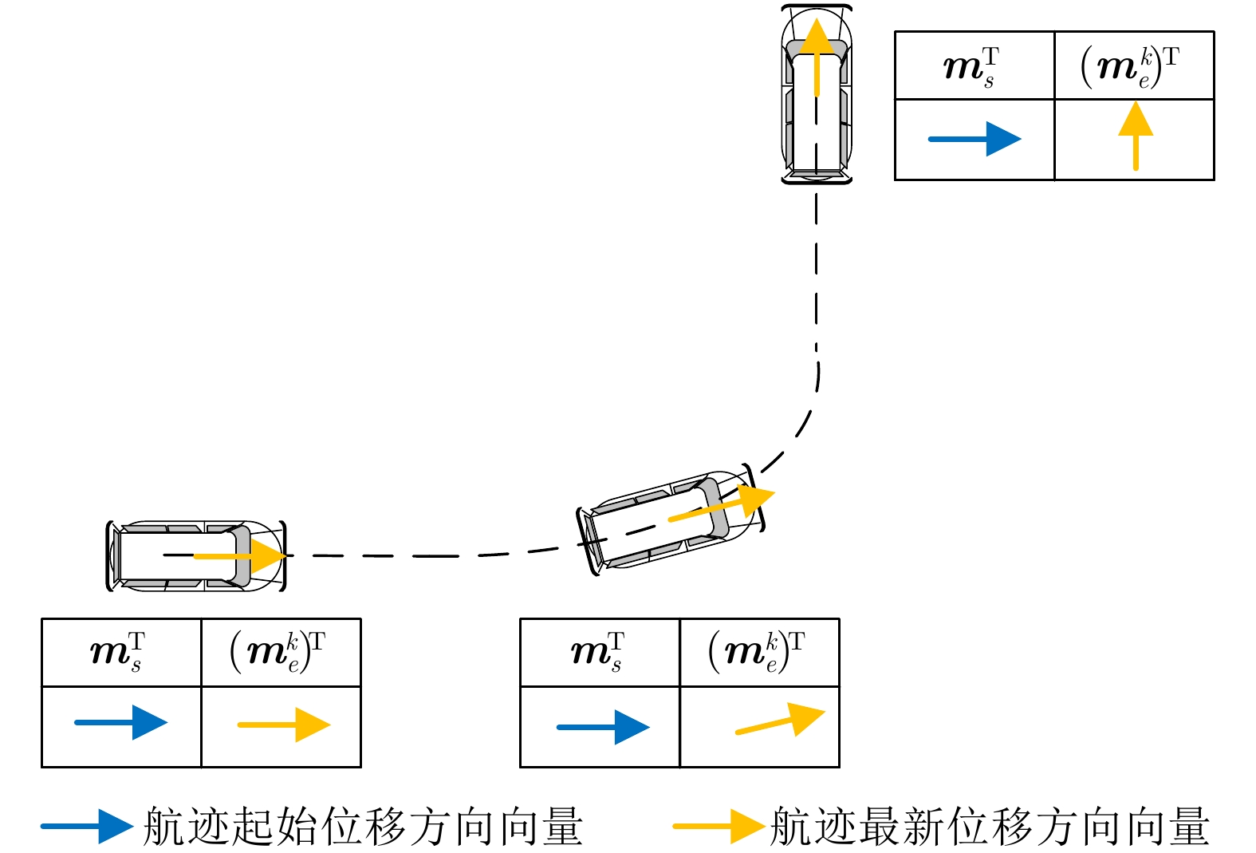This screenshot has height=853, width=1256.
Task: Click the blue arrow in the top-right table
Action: [974, 139]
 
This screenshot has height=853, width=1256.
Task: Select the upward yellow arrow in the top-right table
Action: [1136, 136]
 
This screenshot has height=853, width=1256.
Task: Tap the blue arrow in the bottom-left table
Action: [120, 722]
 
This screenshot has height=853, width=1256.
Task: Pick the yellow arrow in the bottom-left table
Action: [284, 725]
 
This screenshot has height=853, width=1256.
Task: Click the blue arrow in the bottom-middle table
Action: [603, 727]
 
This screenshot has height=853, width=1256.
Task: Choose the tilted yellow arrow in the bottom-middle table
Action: [780, 720]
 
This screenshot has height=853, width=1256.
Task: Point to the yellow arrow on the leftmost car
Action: [241, 555]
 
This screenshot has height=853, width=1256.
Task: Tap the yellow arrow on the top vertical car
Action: [817, 57]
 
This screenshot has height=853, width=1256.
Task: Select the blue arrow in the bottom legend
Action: [87, 826]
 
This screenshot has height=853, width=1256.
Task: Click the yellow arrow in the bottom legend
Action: [719, 826]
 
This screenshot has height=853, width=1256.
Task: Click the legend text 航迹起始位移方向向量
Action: [364, 826]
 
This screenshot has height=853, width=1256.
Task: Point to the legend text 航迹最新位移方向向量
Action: [990, 826]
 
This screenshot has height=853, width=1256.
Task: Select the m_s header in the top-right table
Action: [972, 67]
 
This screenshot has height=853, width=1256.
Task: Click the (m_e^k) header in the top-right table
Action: [1131, 67]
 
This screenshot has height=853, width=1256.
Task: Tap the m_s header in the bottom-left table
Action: [118, 652]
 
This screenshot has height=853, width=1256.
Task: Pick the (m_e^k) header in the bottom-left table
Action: [278, 652]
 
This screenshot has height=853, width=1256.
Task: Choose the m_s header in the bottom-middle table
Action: [598, 652]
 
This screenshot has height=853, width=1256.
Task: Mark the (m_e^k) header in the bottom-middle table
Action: [757, 652]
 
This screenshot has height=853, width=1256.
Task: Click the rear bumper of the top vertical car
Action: [817, 180]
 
